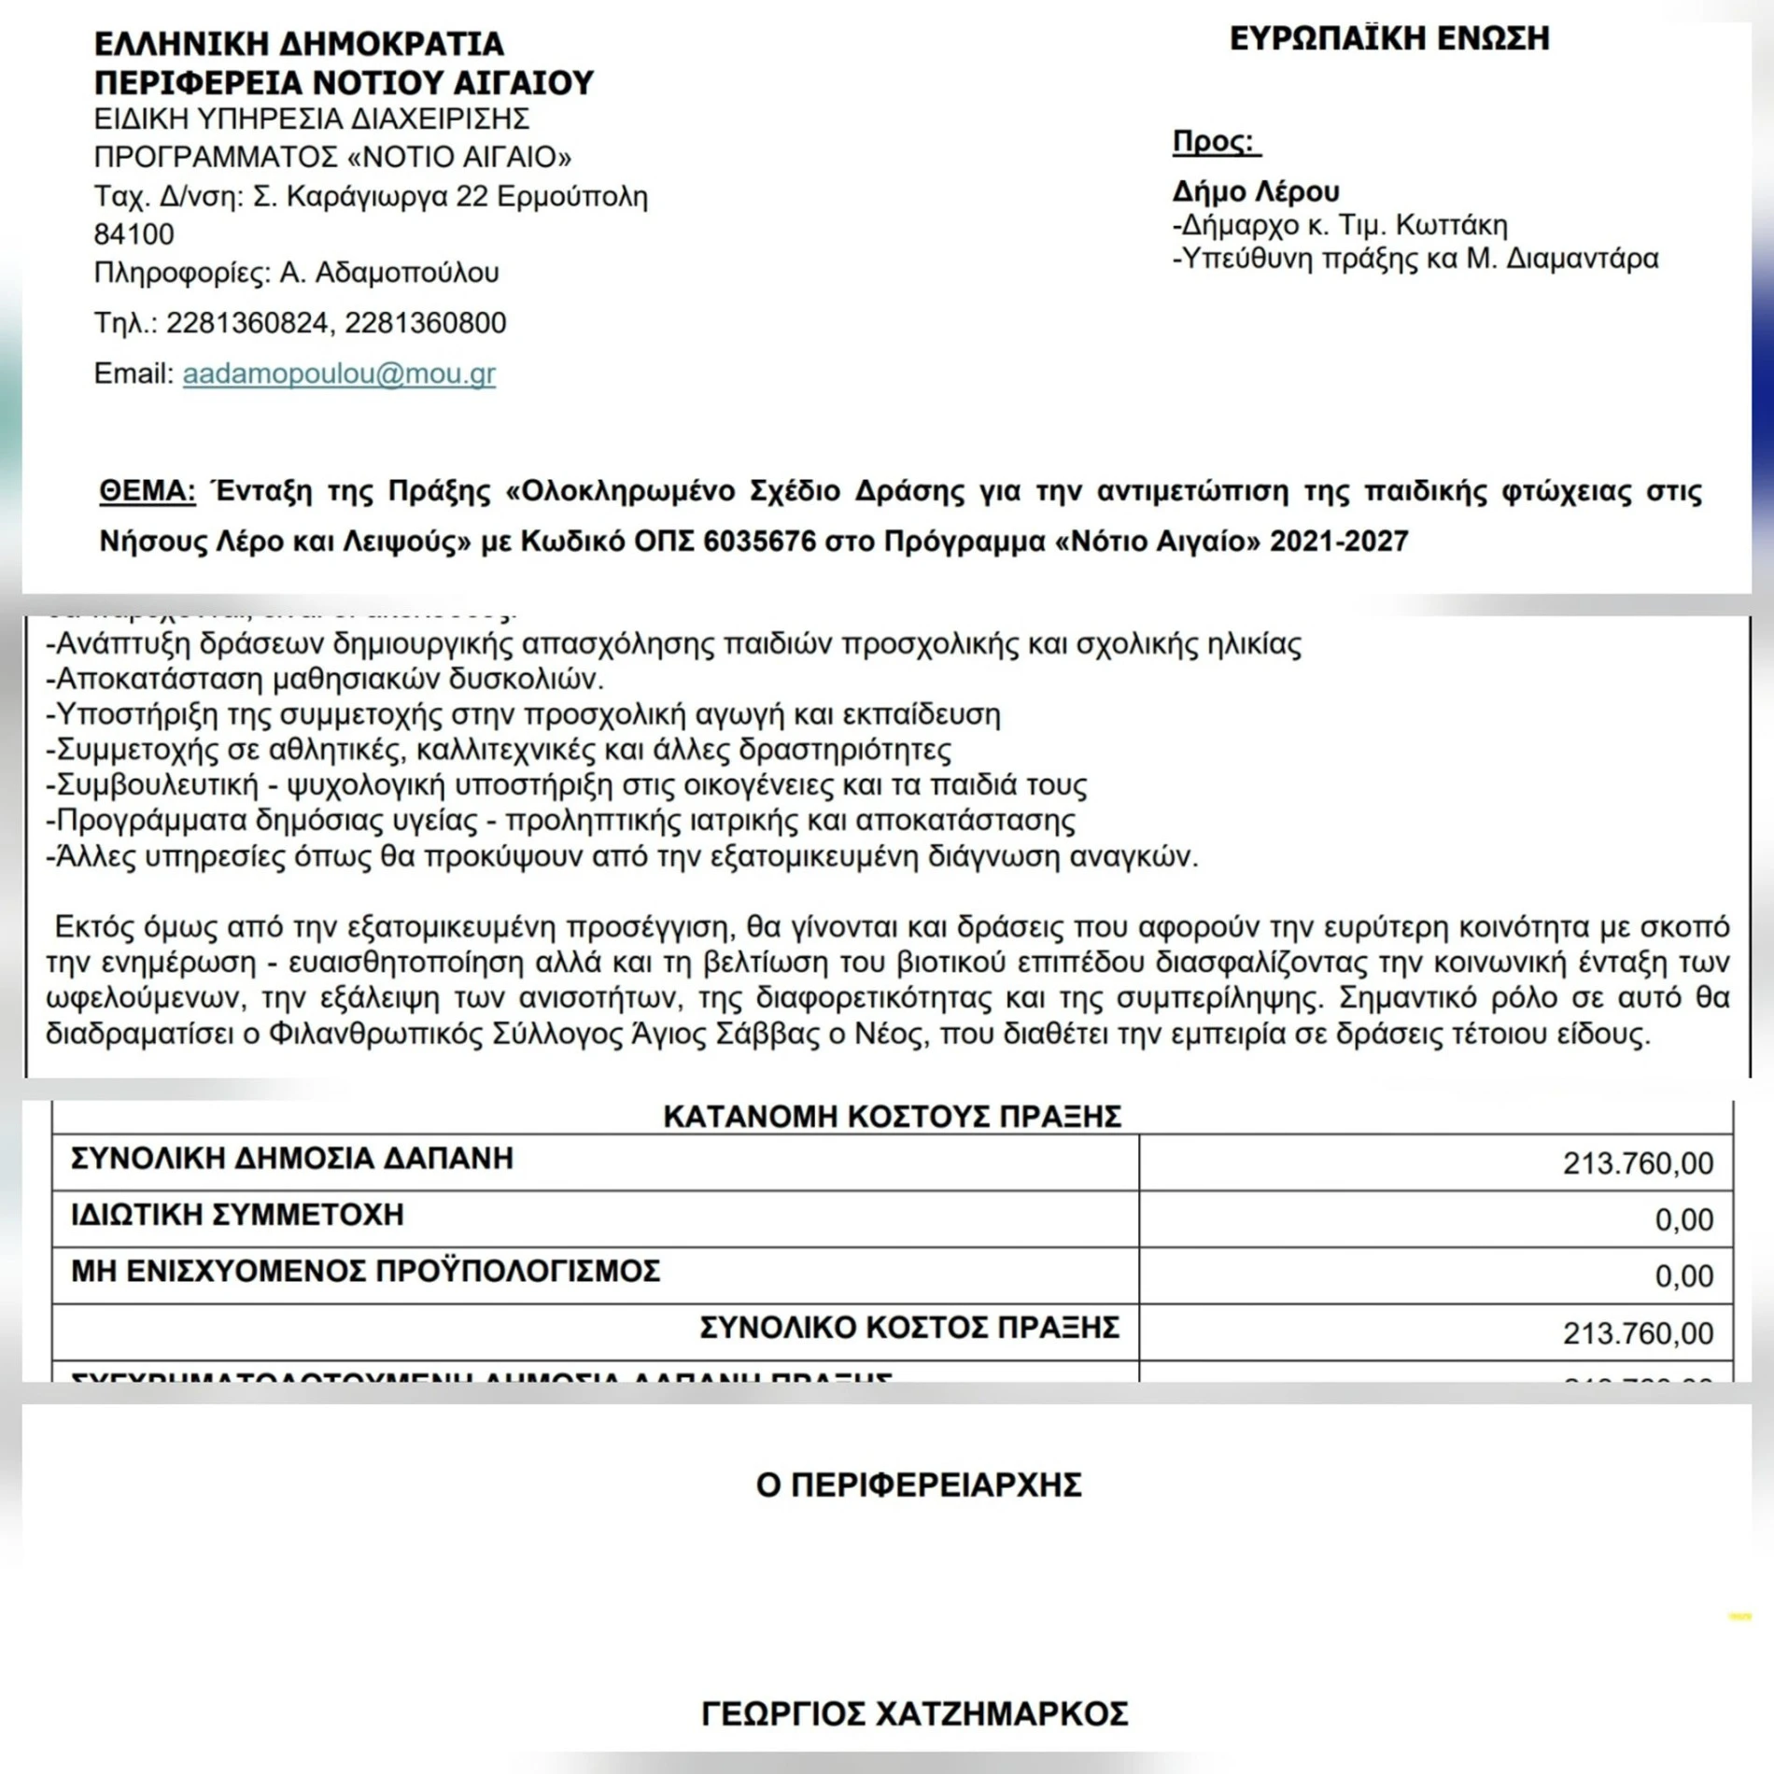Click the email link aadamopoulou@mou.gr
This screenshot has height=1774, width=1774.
click(339, 373)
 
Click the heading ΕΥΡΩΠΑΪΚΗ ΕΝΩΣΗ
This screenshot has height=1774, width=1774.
click(1389, 38)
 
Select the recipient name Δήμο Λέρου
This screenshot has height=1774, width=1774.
click(1256, 191)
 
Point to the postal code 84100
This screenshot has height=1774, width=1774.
click(134, 233)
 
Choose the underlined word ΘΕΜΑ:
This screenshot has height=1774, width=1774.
click(148, 491)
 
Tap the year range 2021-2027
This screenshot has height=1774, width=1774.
click(1338, 542)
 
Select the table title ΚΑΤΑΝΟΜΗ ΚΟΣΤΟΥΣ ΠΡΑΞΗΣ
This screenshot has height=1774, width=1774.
click(892, 1117)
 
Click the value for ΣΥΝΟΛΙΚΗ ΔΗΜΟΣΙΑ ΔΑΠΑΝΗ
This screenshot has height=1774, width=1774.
click(1638, 1163)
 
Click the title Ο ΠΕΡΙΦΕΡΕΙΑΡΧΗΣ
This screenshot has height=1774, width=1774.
click(919, 1485)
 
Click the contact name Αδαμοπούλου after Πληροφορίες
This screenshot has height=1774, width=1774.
click(407, 273)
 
